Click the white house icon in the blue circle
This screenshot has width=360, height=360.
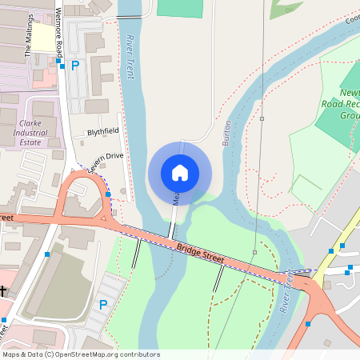(x=180, y=172)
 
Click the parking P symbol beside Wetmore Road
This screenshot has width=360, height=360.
(x=75, y=66)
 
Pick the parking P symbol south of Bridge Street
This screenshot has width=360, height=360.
(x=102, y=304)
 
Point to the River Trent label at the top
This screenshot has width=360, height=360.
(x=130, y=56)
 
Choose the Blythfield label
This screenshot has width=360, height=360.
(x=103, y=130)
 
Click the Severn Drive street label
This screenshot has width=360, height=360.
(x=106, y=162)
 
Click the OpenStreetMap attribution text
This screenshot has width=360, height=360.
(x=81, y=354)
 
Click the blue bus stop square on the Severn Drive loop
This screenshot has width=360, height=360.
(x=108, y=194)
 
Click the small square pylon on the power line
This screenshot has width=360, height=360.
(x=262, y=118)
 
